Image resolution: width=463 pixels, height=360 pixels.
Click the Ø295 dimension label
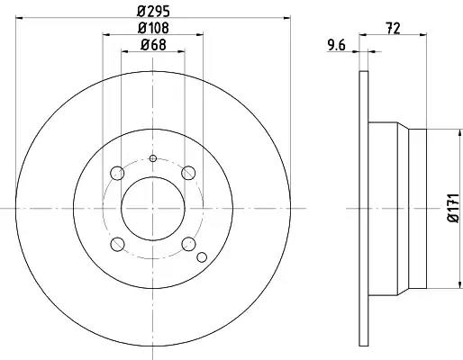(x=153, y=12)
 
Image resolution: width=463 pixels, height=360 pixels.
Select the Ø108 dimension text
(x=153, y=28)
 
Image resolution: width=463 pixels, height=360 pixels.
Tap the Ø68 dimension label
(x=153, y=45)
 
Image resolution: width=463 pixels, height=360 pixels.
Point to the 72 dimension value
(x=393, y=29)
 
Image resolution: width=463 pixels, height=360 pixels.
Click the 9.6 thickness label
(x=337, y=46)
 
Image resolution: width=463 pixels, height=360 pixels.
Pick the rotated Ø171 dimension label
(x=453, y=208)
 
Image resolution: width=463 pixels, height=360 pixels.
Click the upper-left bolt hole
(x=117, y=173)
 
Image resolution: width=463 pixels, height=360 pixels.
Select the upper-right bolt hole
(x=188, y=173)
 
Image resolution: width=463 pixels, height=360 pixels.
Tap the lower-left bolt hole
(x=117, y=244)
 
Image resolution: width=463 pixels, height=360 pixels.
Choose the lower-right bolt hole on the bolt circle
(x=189, y=244)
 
